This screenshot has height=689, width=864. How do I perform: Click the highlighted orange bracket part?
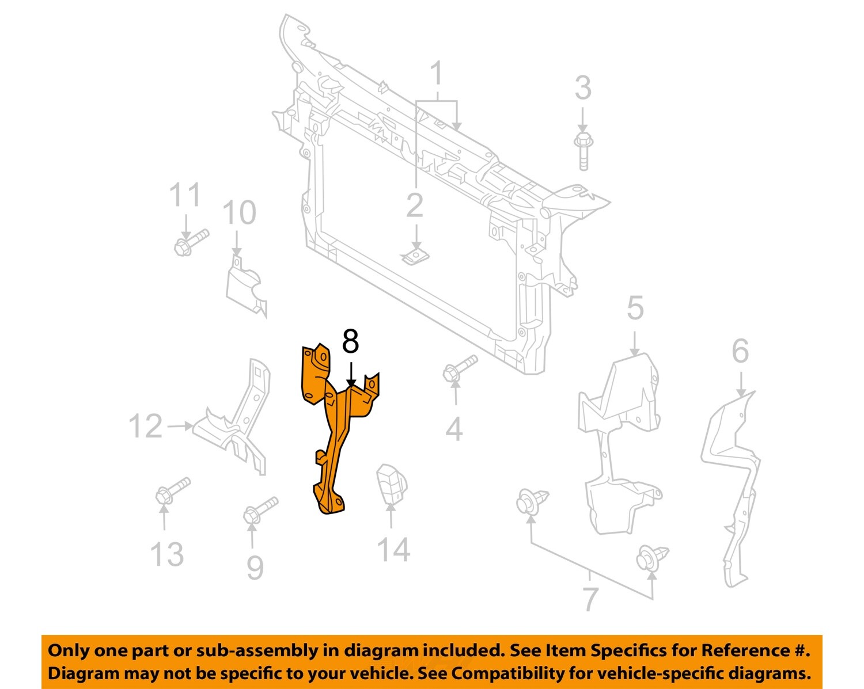pyautogui.click(x=334, y=437)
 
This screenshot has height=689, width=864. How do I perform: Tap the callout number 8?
pyautogui.click(x=350, y=341)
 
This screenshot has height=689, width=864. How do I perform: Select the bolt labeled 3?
pyautogui.click(x=582, y=150)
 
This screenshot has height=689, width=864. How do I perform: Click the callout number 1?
pyautogui.click(x=437, y=74)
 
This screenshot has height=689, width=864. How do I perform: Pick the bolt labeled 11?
pyautogui.click(x=191, y=242)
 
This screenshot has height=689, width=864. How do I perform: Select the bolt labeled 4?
pyautogui.click(x=460, y=368)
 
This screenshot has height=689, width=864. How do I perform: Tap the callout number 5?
pyautogui.click(x=635, y=309)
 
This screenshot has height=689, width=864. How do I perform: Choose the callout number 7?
pyautogui.click(x=590, y=599)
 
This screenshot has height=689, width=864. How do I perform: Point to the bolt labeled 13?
pyautogui.click(x=172, y=490)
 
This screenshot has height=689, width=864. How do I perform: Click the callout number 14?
pyautogui.click(x=393, y=550)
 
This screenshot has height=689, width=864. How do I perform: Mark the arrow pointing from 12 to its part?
pyautogui.click(x=180, y=426)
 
